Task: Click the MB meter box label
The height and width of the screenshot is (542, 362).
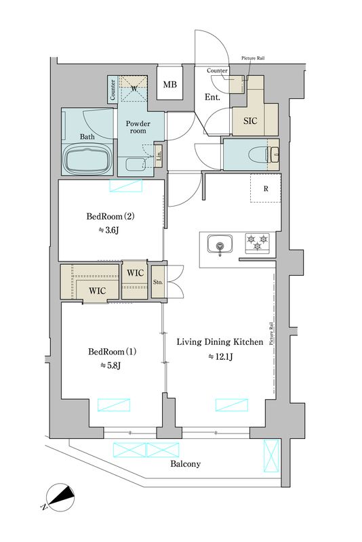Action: pyautogui.click(x=169, y=84)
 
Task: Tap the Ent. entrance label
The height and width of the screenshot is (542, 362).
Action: pyautogui.click(x=212, y=97)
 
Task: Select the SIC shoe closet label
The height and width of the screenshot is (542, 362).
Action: pyautogui.click(x=250, y=121)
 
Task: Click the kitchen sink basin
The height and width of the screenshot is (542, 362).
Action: pyautogui.click(x=220, y=244)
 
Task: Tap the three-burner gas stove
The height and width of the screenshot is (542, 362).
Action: pyautogui.click(x=257, y=242)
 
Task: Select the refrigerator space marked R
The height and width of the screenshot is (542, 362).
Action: pyautogui.click(x=266, y=188)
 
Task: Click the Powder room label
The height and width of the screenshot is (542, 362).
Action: pyautogui.click(x=138, y=127)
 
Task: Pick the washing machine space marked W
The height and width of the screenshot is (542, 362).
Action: pyautogui.click(x=134, y=88)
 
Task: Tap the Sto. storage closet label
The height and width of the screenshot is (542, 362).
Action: pyautogui.click(x=158, y=282)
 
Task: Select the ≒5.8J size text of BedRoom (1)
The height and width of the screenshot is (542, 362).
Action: pyautogui.click(x=110, y=365)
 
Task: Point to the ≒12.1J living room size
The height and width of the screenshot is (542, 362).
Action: pyautogui.click(x=220, y=356)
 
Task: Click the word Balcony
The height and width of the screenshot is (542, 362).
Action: pyautogui.click(x=185, y=464)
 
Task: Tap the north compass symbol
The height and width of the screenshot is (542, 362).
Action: pyautogui.click(x=60, y=497)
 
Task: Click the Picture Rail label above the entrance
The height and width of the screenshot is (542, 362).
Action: pyautogui.click(x=253, y=58)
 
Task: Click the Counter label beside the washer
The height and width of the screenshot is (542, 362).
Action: pyautogui.click(x=113, y=90)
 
